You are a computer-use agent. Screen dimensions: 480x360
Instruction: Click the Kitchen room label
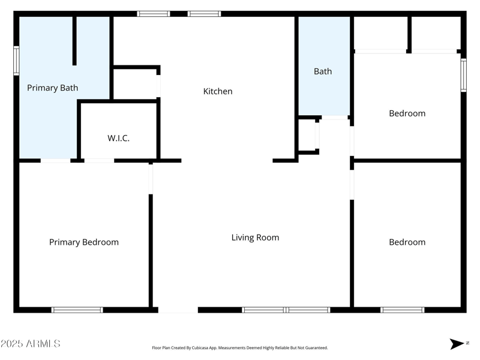coord(218,91)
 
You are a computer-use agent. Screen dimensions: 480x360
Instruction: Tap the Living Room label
coord(255,238)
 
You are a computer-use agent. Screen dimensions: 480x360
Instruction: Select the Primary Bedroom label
coord(84,242)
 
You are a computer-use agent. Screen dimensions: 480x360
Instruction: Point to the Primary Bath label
coord(52,88)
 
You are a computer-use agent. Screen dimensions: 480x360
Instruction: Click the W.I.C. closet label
coord(118,138)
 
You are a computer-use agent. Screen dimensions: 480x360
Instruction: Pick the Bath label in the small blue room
coord(323,71)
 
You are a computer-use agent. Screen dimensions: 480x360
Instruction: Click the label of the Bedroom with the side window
coord(407,113)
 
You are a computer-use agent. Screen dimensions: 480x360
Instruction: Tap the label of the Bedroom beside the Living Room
coord(407,242)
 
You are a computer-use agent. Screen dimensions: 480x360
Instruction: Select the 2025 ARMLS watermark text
coord(31,343)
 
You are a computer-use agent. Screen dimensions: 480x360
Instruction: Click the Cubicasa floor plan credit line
coord(239,348)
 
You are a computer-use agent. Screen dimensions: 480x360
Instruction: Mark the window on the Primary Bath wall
coord(16,61)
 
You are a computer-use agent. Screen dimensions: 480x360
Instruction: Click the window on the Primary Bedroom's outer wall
coord(77,310)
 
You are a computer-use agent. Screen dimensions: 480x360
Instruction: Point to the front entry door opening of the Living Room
coord(178,310)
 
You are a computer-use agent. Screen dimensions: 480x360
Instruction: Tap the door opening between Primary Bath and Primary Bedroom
coord(55,161)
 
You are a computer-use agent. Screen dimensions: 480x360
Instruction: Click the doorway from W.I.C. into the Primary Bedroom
coord(99,161)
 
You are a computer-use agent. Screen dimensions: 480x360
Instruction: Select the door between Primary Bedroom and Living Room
coord(151,179)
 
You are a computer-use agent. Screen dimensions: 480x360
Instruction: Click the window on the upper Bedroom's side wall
coord(464,75)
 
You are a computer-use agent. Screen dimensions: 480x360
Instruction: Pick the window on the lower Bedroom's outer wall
coord(403,310)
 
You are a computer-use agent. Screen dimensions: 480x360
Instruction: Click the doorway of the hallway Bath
coord(335,118)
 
